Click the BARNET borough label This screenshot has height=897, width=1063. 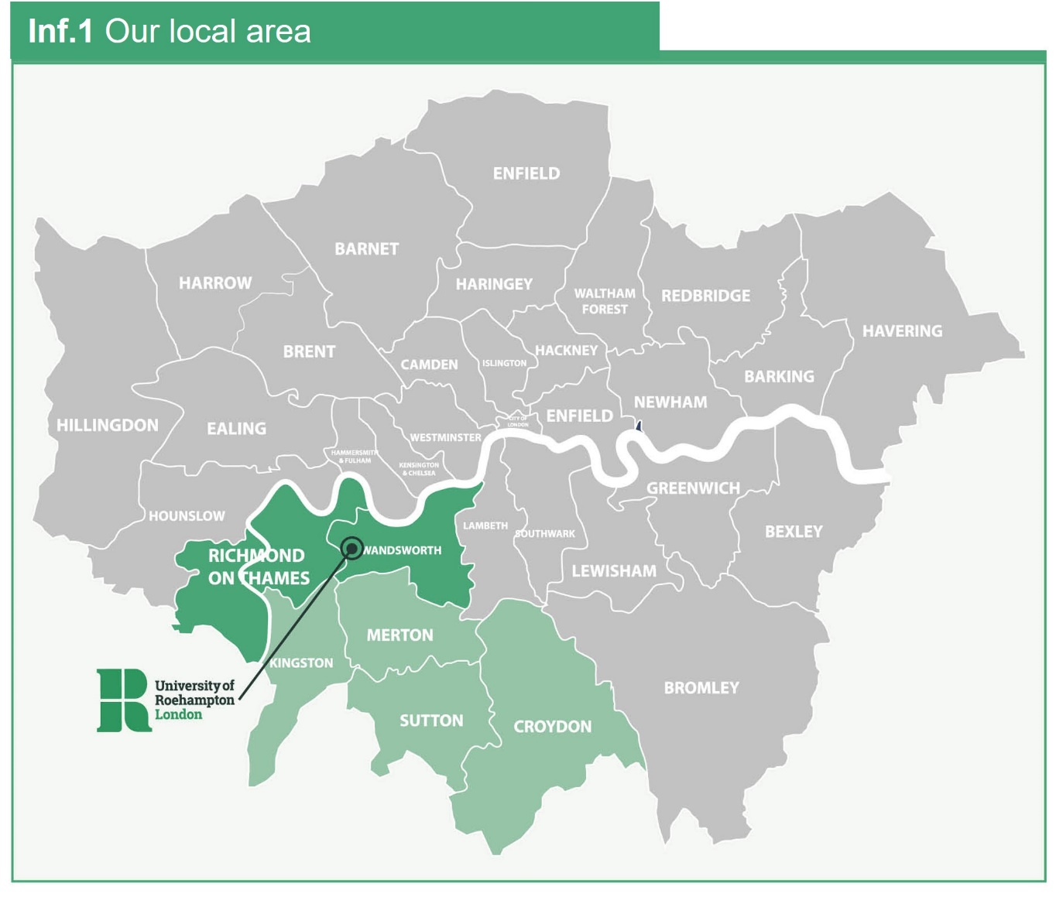point(366,249)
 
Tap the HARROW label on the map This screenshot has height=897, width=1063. point(215,283)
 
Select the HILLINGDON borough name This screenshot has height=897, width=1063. point(107,425)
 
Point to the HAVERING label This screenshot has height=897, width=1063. point(902,331)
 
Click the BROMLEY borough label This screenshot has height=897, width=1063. point(701,687)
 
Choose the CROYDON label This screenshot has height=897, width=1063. point(552,727)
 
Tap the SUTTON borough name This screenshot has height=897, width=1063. point(431,721)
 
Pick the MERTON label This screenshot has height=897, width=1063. point(399,635)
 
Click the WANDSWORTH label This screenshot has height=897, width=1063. point(403,550)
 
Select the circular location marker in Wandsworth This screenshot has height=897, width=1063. point(351,548)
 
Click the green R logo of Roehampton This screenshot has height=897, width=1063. point(122,700)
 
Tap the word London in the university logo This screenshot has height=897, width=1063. point(178,714)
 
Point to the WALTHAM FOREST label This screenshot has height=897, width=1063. point(605,301)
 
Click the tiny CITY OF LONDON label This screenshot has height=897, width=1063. point(518,422)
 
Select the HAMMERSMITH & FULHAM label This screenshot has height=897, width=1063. point(355,457)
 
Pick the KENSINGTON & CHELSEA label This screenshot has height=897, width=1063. point(419,469)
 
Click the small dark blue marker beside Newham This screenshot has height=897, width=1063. point(639,426)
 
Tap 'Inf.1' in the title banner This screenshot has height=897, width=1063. point(60,32)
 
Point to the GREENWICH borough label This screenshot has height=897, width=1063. point(693,488)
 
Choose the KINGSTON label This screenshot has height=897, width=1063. point(301,663)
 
